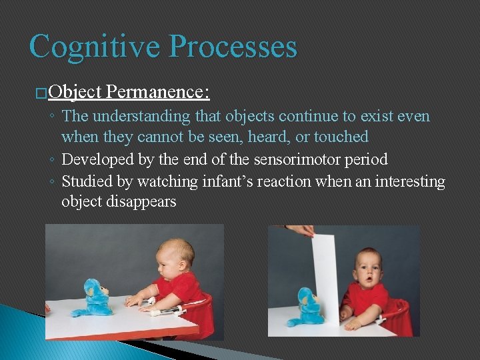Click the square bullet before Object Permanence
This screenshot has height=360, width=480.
[42, 93]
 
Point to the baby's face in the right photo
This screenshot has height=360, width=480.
[366, 267]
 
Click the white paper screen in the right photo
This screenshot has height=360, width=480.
[326, 273]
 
